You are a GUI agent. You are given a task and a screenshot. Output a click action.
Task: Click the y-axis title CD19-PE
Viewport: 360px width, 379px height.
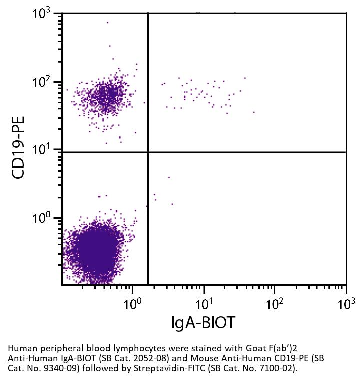[x=19, y=148]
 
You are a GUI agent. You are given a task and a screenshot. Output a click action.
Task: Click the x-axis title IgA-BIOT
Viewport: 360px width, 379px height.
[x=203, y=323]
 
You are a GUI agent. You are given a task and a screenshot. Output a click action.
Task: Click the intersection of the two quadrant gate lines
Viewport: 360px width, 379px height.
[x=148, y=152]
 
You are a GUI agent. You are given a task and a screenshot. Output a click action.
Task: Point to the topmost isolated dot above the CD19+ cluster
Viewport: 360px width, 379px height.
[x=107, y=22]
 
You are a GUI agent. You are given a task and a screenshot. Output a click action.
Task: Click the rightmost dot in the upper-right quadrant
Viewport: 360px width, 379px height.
[x=254, y=112]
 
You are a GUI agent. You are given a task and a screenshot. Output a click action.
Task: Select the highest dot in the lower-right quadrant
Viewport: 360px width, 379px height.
[x=169, y=177]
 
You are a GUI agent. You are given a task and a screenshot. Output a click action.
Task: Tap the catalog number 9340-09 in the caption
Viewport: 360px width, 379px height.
[x=308, y=358]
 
